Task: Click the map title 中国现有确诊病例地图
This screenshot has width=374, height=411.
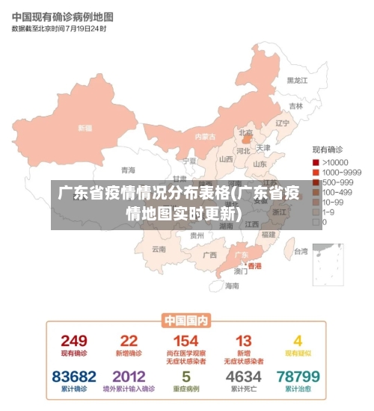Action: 62,16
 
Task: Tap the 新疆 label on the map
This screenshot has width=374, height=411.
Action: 85,128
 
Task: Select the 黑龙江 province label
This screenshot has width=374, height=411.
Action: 297,80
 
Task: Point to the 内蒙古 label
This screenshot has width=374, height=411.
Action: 204,137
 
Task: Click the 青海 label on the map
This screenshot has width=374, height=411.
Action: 129,170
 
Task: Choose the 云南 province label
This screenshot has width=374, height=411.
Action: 159,249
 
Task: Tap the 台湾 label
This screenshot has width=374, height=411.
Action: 300,251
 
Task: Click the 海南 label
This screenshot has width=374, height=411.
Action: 232,285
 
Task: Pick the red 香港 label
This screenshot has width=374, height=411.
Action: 255,265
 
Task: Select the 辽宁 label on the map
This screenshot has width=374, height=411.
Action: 282,123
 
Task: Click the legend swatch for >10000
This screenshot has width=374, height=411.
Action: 316,162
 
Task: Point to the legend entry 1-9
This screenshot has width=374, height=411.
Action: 328,211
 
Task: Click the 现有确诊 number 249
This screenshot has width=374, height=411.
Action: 74,341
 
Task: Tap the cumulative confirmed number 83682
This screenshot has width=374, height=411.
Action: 74,376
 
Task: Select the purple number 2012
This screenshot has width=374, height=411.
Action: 129,376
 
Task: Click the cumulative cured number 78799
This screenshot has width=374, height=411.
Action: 298,376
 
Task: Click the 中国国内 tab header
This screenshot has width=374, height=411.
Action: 186,321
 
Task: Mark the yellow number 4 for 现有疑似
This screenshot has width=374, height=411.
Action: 298,341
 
